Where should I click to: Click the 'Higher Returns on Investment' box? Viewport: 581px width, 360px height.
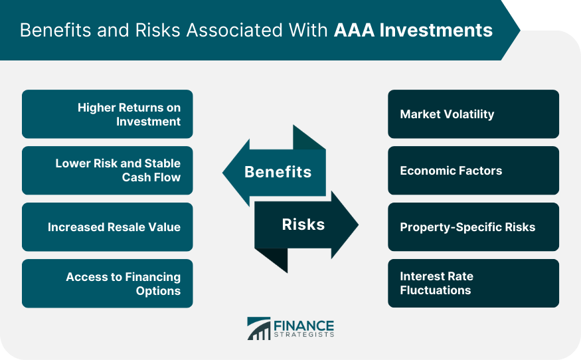[108, 114]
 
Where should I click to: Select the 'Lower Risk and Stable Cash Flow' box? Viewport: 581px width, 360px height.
[108, 171]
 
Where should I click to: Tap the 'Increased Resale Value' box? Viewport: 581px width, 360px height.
[108, 227]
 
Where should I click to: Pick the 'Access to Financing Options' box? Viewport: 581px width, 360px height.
[108, 283]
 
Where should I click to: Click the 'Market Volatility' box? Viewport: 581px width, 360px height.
[473, 114]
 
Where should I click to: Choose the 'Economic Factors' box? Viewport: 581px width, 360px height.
[473, 171]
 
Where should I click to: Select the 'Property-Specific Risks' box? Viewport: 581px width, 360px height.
[473, 227]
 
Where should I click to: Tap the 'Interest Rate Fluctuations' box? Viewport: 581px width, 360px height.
[473, 283]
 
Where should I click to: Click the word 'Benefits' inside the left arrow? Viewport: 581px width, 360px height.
[278, 172]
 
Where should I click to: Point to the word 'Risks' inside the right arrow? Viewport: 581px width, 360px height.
[303, 225]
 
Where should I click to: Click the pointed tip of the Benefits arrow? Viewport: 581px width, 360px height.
[222, 173]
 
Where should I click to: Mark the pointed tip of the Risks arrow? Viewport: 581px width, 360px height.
[359, 225]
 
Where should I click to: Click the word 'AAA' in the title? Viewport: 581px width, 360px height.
[354, 31]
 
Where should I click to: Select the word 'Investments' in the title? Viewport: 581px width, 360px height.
[436, 31]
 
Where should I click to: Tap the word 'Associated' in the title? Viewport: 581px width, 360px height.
[234, 31]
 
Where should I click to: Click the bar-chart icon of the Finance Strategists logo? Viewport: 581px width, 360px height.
[259, 329]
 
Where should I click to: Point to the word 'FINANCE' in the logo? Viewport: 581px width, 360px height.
[304, 326]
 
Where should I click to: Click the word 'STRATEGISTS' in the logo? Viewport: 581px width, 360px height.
[304, 335]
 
